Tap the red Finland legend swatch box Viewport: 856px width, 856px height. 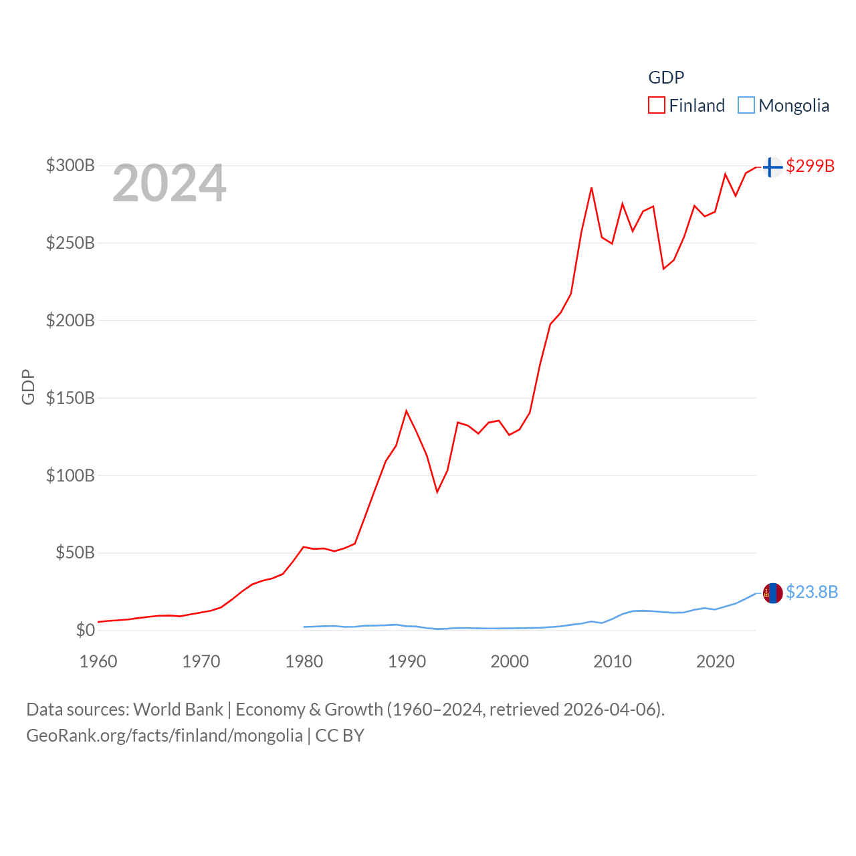point(657,106)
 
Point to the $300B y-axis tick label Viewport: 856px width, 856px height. point(70,165)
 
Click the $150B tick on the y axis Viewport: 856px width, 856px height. point(70,398)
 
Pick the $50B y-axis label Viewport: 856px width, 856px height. point(75,552)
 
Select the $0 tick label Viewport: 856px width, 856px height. point(85,630)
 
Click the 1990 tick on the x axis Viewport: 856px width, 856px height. point(407,661)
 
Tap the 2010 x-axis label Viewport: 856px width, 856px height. point(613,661)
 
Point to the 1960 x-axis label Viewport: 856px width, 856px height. point(98,661)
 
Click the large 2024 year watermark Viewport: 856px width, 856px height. point(169,183)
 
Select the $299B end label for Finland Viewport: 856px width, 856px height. point(810,166)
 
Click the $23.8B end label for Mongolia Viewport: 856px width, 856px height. point(812,592)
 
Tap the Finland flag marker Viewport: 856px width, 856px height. point(772,167)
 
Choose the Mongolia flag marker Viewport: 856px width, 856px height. point(772,593)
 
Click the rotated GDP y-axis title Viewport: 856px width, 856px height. point(28,387)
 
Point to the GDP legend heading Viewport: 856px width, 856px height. point(666,78)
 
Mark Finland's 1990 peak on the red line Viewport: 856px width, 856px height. point(406,411)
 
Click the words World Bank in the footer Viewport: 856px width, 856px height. point(178,709)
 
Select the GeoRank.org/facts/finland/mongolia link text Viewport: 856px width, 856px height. point(165,736)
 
